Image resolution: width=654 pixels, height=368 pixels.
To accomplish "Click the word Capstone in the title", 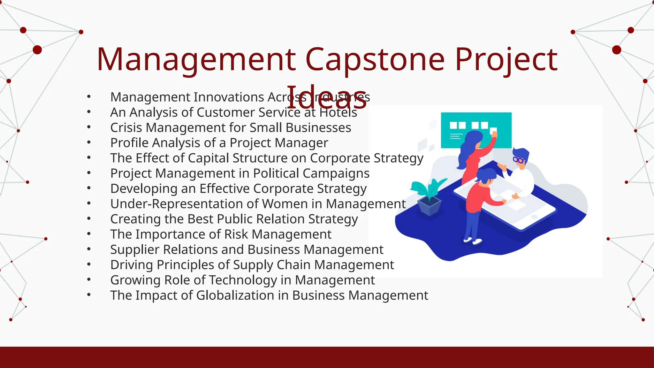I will coord(375,60).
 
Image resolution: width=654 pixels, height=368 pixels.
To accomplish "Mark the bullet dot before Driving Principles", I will coord(89,264).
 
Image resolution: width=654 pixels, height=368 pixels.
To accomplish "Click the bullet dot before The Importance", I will coord(89,234).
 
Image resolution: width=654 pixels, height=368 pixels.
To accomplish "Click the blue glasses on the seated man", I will coord(518,160).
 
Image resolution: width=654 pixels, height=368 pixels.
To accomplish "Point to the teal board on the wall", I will coord(476,130).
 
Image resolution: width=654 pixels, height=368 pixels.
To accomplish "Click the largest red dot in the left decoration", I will coord(37,50).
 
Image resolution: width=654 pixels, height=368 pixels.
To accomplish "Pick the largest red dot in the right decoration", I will coord(617,50).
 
